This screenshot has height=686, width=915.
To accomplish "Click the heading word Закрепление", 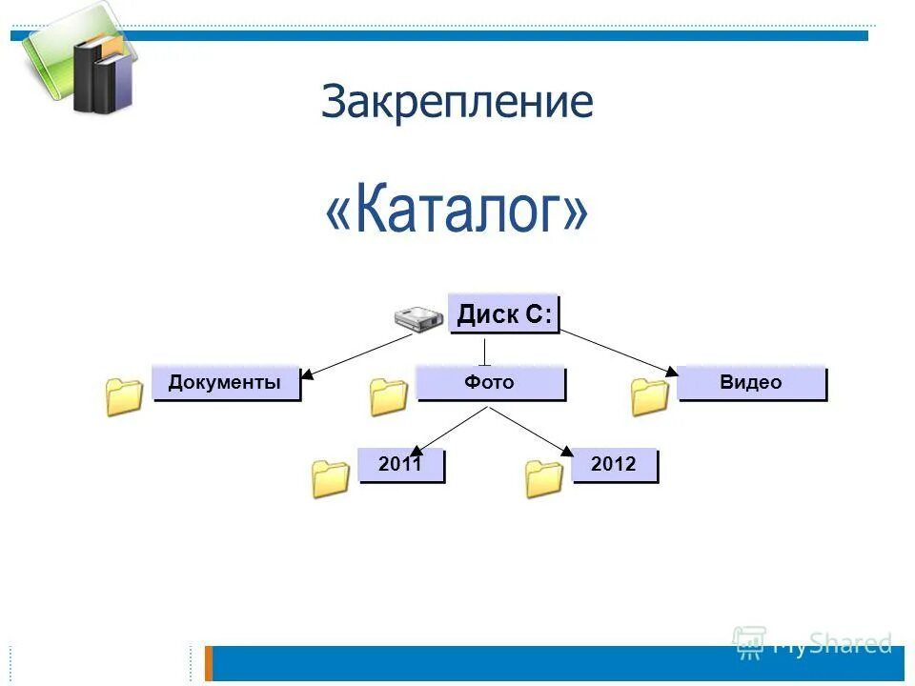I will point(457,102).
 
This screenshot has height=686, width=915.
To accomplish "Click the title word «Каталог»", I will point(457,213).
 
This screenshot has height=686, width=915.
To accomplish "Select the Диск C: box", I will point(503,314).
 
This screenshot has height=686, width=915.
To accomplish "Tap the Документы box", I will point(226,383).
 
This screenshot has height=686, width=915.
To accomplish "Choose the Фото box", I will point(490,383).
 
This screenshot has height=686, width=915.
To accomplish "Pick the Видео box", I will point(751,383).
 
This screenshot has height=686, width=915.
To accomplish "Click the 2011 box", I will point(400,465).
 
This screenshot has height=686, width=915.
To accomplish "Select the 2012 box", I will point(614,465).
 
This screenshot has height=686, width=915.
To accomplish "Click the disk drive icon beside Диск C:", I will point(418,320).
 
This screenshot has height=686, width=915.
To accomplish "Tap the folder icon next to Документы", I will point(125,396).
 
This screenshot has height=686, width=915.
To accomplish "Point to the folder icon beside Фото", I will point(389,396).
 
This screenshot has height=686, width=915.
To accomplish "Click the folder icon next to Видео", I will point(650,396).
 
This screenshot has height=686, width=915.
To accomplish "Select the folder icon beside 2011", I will point(331,478).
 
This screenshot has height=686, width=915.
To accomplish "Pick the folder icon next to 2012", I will point(544,478).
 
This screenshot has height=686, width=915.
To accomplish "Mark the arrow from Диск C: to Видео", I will point(620,353).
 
